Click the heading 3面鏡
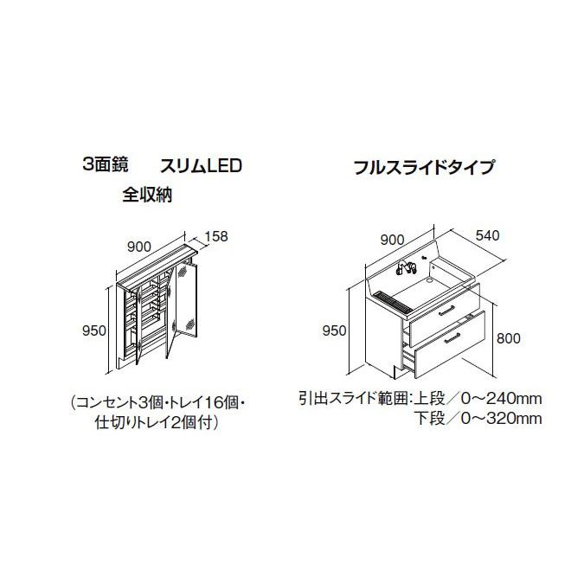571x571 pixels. [106, 165]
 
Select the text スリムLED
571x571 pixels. [202, 166]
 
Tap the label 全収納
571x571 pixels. [147, 196]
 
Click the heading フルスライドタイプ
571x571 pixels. [424, 167]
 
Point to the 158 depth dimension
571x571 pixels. [215, 236]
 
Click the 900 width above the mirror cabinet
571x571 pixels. [139, 247]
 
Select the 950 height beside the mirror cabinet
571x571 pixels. [94, 330]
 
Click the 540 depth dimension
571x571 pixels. [487, 235]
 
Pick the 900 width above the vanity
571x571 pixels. [392, 240]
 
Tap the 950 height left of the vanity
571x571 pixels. [334, 330]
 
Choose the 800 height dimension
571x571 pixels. [509, 338]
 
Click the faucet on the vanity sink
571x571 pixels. [405, 267]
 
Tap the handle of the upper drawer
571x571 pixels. [446, 311]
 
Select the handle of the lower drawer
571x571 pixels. [452, 338]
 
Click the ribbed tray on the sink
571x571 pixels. [394, 300]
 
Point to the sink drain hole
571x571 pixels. [430, 280]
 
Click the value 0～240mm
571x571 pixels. [501, 399]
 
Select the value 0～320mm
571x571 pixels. [501, 419]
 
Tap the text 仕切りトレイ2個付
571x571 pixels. [153, 423]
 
